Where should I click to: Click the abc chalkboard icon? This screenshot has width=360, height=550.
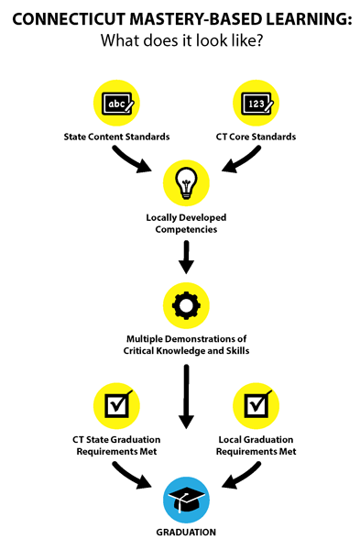click(116, 103)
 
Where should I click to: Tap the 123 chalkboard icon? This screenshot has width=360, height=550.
click(256, 103)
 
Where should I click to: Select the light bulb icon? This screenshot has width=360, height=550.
click(186, 183)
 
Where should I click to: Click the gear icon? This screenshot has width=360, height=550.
click(186, 305)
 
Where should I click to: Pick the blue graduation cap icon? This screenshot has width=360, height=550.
click(186, 500)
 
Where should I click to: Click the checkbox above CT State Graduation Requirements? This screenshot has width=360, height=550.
click(116, 406)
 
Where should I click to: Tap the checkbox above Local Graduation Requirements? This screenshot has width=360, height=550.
click(256, 406)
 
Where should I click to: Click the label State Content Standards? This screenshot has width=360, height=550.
click(116, 137)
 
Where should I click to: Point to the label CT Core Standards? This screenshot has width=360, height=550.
click(256, 137)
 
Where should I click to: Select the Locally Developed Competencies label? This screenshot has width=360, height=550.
click(186, 224)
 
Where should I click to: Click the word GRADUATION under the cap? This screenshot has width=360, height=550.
click(186, 532)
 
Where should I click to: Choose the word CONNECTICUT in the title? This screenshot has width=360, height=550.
click(69, 19)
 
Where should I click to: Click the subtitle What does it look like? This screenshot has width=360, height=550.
click(182, 40)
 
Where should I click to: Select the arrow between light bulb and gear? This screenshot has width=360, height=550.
click(186, 257)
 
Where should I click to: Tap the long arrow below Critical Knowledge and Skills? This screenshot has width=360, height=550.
click(186, 396)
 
